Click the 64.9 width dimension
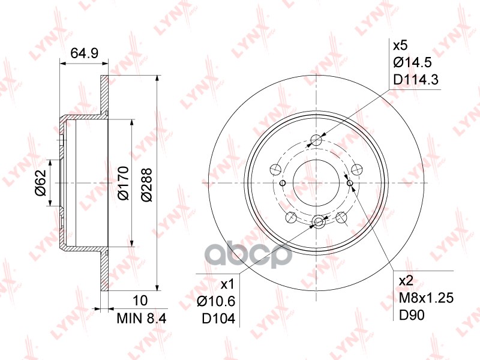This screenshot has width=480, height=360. (85, 53)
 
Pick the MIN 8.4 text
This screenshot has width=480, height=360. (139, 317)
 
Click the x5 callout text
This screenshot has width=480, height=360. (400, 46)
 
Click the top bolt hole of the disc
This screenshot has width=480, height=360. (317, 141)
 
